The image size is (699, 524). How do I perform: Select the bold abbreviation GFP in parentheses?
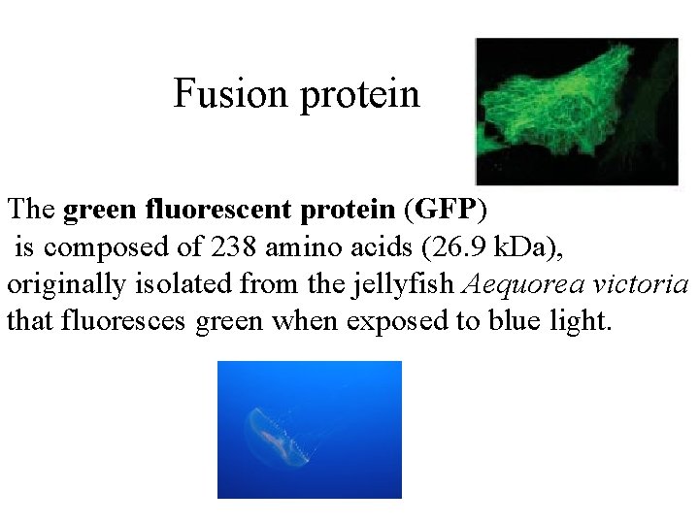point(448,209)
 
